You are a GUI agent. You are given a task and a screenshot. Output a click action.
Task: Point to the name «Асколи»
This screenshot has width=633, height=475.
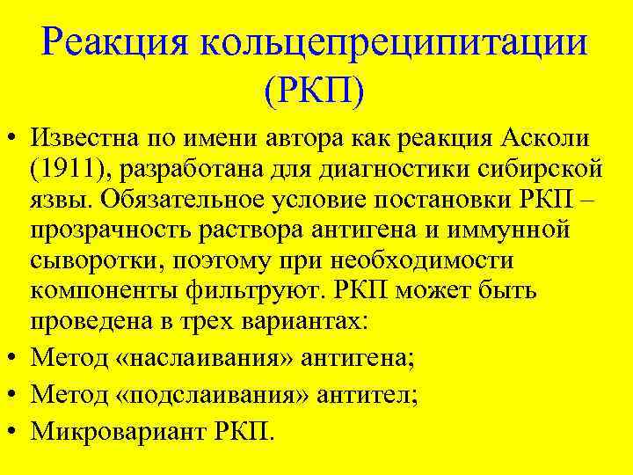click(542, 139)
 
